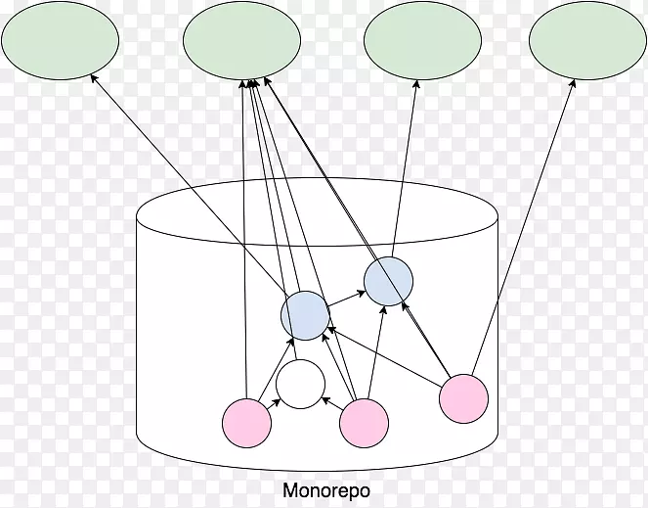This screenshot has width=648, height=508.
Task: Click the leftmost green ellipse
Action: point(61,40)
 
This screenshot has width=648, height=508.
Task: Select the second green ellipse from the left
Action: point(242,40)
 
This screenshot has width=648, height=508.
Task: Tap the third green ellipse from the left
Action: point(422,40)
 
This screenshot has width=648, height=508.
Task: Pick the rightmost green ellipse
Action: point(588,40)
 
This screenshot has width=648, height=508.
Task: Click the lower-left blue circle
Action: point(305,316)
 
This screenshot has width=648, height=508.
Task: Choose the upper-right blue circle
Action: point(389,281)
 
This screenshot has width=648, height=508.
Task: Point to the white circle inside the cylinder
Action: point(300,385)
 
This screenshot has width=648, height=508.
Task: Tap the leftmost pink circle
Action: point(246,423)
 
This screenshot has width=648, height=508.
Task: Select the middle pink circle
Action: point(365,424)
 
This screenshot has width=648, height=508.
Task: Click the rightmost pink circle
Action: point(463,399)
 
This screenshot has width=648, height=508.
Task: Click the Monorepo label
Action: point(326,490)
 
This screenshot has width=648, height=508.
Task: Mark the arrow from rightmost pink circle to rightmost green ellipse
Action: point(523,230)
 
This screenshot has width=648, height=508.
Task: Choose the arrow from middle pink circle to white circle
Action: point(331,402)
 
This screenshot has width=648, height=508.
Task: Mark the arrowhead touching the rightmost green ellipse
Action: point(574,83)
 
